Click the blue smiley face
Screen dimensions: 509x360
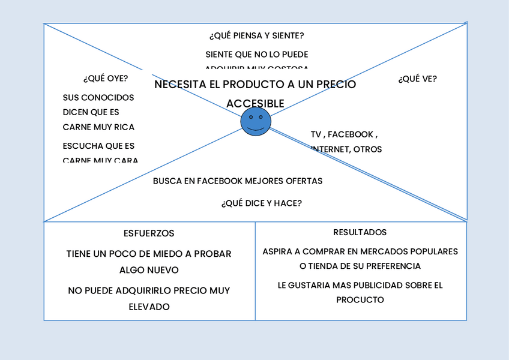(x=256, y=122)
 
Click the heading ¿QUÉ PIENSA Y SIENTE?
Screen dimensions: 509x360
(x=256, y=35)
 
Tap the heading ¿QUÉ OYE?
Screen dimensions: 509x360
(x=106, y=78)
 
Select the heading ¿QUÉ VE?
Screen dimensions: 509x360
(x=417, y=79)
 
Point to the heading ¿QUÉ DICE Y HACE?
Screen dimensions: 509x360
(x=261, y=203)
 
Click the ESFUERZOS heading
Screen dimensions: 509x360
(x=149, y=233)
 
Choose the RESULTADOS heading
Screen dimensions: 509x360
(x=360, y=232)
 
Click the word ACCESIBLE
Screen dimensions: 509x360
(x=255, y=104)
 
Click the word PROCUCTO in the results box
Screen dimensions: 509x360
(x=360, y=299)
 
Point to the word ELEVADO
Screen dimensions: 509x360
(x=149, y=307)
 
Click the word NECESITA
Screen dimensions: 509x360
(x=175, y=85)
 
